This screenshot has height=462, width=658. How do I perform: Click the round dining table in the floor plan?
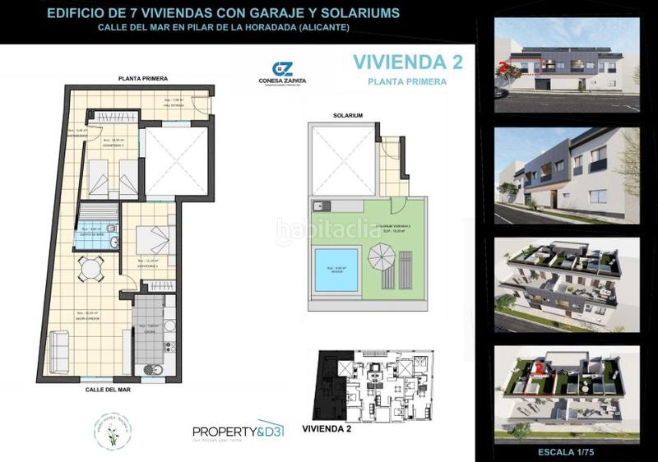[91, 268]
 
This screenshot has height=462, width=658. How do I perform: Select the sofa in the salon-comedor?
[59, 350]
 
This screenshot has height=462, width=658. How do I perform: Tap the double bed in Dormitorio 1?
[153, 238]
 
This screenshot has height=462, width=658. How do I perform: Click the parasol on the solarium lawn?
[381, 256]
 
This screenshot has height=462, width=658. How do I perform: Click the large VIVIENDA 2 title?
[408, 62]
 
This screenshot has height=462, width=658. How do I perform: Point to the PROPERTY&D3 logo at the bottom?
[238, 432]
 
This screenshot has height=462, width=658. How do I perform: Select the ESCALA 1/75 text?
[567, 451]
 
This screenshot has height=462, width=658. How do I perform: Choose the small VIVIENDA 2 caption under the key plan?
[327, 428]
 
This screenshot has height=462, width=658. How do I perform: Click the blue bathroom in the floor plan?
[95, 237]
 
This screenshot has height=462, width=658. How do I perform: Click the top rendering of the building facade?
[567, 65]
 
